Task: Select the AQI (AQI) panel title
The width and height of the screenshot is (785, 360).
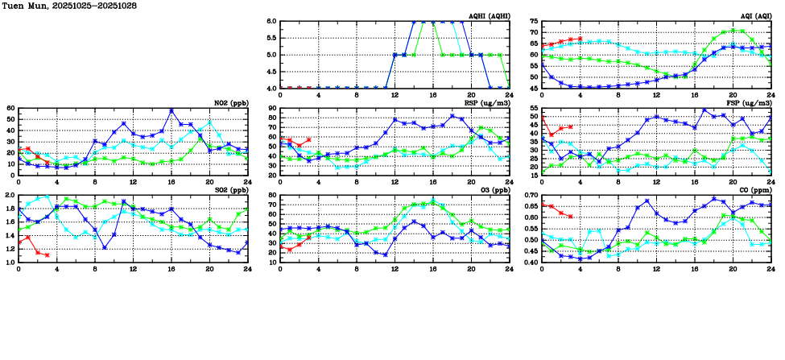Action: coord(752,16)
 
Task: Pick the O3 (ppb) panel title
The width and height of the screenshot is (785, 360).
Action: coord(495,189)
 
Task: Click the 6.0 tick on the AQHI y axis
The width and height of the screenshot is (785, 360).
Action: coord(271,22)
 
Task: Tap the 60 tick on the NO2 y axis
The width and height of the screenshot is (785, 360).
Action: coord(11,108)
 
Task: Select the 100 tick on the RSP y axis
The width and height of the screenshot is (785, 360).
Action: coord(270,108)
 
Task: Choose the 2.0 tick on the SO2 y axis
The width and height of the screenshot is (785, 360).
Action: coord(10,195)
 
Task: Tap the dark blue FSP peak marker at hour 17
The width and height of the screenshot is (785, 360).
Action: coord(704,110)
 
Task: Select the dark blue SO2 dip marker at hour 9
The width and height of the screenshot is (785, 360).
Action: coord(105,247)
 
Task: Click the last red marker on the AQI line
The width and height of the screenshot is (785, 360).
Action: coord(580,39)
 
